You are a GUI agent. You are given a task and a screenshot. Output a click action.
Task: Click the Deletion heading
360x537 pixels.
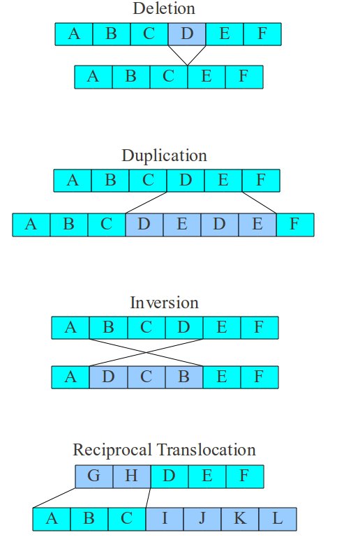click(x=164, y=8)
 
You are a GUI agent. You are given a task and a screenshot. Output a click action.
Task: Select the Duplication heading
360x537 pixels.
click(x=164, y=156)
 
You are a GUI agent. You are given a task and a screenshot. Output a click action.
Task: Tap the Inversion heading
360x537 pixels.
click(x=164, y=303)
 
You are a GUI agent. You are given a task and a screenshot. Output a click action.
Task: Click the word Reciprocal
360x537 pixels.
click(x=112, y=450)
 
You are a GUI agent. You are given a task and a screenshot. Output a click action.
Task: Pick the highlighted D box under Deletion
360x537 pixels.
click(x=187, y=34)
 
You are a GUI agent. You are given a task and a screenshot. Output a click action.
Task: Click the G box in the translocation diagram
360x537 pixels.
click(x=94, y=476)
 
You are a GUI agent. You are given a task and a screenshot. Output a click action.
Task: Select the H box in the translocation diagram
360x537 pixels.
click(x=132, y=476)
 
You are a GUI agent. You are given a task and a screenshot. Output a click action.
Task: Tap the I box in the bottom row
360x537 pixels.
click(x=165, y=519)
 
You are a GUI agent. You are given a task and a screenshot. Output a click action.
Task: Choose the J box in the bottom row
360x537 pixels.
click(x=202, y=519)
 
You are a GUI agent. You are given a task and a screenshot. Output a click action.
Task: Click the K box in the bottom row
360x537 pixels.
click(x=240, y=519)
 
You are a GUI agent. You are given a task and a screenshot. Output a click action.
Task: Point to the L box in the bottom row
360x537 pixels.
click(x=278, y=519)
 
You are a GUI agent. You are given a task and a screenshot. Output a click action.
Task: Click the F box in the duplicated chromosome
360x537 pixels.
click(x=295, y=225)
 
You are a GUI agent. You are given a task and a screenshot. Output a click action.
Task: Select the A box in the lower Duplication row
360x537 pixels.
click(x=31, y=225)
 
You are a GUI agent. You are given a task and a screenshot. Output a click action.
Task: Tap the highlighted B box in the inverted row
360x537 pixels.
click(x=184, y=377)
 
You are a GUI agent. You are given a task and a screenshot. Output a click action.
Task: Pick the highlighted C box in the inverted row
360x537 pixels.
click(x=147, y=377)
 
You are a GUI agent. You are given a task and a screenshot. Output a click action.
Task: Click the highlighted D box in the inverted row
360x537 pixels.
click(x=108, y=377)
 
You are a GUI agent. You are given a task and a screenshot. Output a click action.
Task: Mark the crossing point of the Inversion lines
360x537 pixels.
click(x=147, y=352)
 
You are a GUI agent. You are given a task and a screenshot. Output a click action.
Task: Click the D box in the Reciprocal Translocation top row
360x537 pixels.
click(x=170, y=476)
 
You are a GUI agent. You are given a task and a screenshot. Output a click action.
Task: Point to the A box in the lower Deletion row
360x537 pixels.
click(x=93, y=77)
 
